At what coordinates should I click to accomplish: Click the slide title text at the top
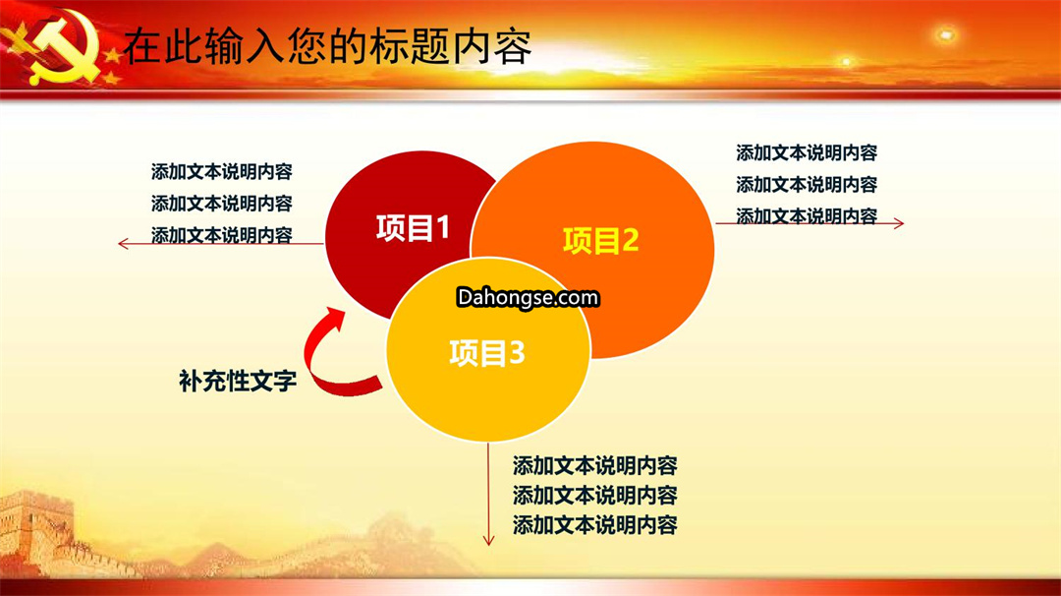click(327, 46)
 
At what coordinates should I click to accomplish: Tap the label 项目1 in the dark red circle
click(413, 228)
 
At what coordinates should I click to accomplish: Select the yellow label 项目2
click(601, 240)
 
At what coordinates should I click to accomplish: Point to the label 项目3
click(487, 353)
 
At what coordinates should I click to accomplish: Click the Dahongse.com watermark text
click(528, 297)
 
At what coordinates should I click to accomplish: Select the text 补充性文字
click(238, 381)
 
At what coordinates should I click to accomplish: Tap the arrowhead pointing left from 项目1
click(123, 244)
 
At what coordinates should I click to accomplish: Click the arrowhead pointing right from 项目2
click(899, 223)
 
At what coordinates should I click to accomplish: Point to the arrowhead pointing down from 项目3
click(488, 540)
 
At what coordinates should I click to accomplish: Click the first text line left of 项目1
click(222, 172)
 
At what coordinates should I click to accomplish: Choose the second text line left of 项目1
click(222, 204)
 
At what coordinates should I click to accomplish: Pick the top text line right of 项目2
click(807, 153)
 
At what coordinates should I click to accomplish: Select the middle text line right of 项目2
click(807, 184)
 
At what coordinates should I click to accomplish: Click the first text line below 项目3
click(594, 466)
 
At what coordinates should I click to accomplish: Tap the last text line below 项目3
click(594, 525)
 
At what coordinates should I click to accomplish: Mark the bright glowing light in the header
click(945, 33)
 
